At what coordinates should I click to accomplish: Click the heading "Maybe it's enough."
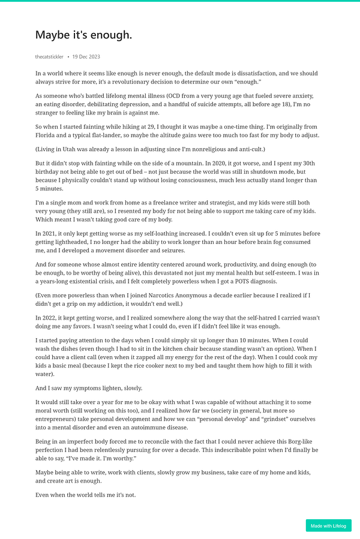tap(83, 35)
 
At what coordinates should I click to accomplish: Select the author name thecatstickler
tap(49, 57)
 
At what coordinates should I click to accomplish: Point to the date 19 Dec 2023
tap(86, 57)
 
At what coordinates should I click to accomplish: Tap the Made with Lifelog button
tap(328, 526)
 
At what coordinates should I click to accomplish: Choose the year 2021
tap(47, 233)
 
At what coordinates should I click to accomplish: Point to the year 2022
tap(47, 318)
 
